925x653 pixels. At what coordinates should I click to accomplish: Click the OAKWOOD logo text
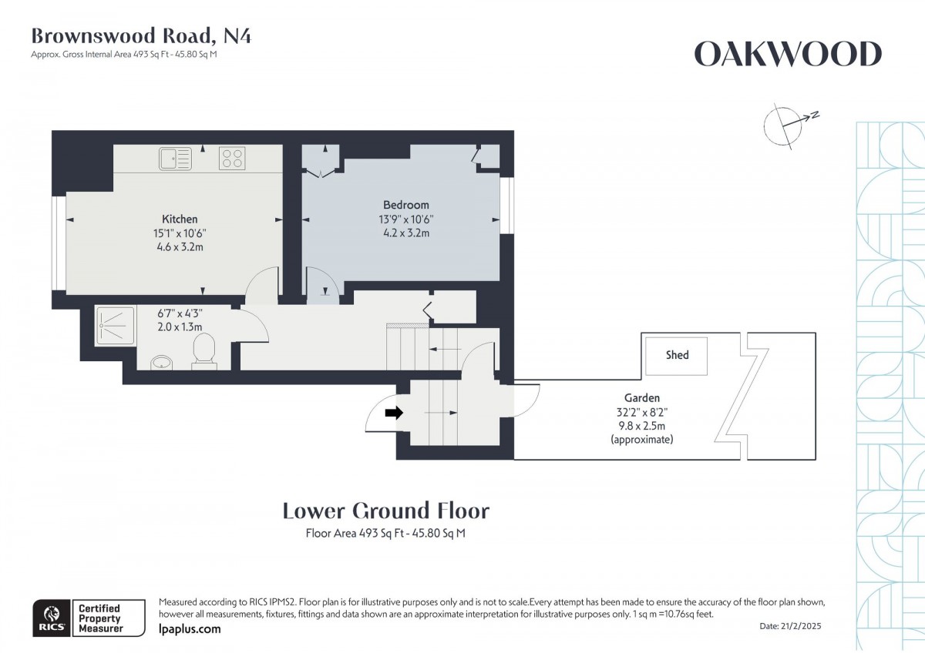(787, 55)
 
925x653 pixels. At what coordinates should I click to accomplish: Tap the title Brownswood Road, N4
(140, 35)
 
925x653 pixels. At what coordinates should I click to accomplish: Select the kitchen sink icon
(175, 159)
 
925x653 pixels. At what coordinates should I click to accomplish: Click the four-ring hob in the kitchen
(232, 159)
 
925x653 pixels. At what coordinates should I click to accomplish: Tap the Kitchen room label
(180, 219)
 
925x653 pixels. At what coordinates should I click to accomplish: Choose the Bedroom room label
(405, 205)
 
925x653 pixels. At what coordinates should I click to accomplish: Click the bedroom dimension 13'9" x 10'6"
(405, 219)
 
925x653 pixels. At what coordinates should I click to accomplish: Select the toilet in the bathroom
(204, 351)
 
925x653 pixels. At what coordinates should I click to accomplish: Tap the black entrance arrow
(394, 413)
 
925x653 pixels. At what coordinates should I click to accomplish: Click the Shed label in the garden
(677, 355)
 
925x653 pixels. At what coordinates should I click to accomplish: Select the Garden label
(641, 398)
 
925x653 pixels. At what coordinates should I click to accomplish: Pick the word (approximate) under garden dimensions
(641, 440)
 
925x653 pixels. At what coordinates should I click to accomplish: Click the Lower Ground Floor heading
(385, 511)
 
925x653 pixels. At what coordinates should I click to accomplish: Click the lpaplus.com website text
(189, 629)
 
